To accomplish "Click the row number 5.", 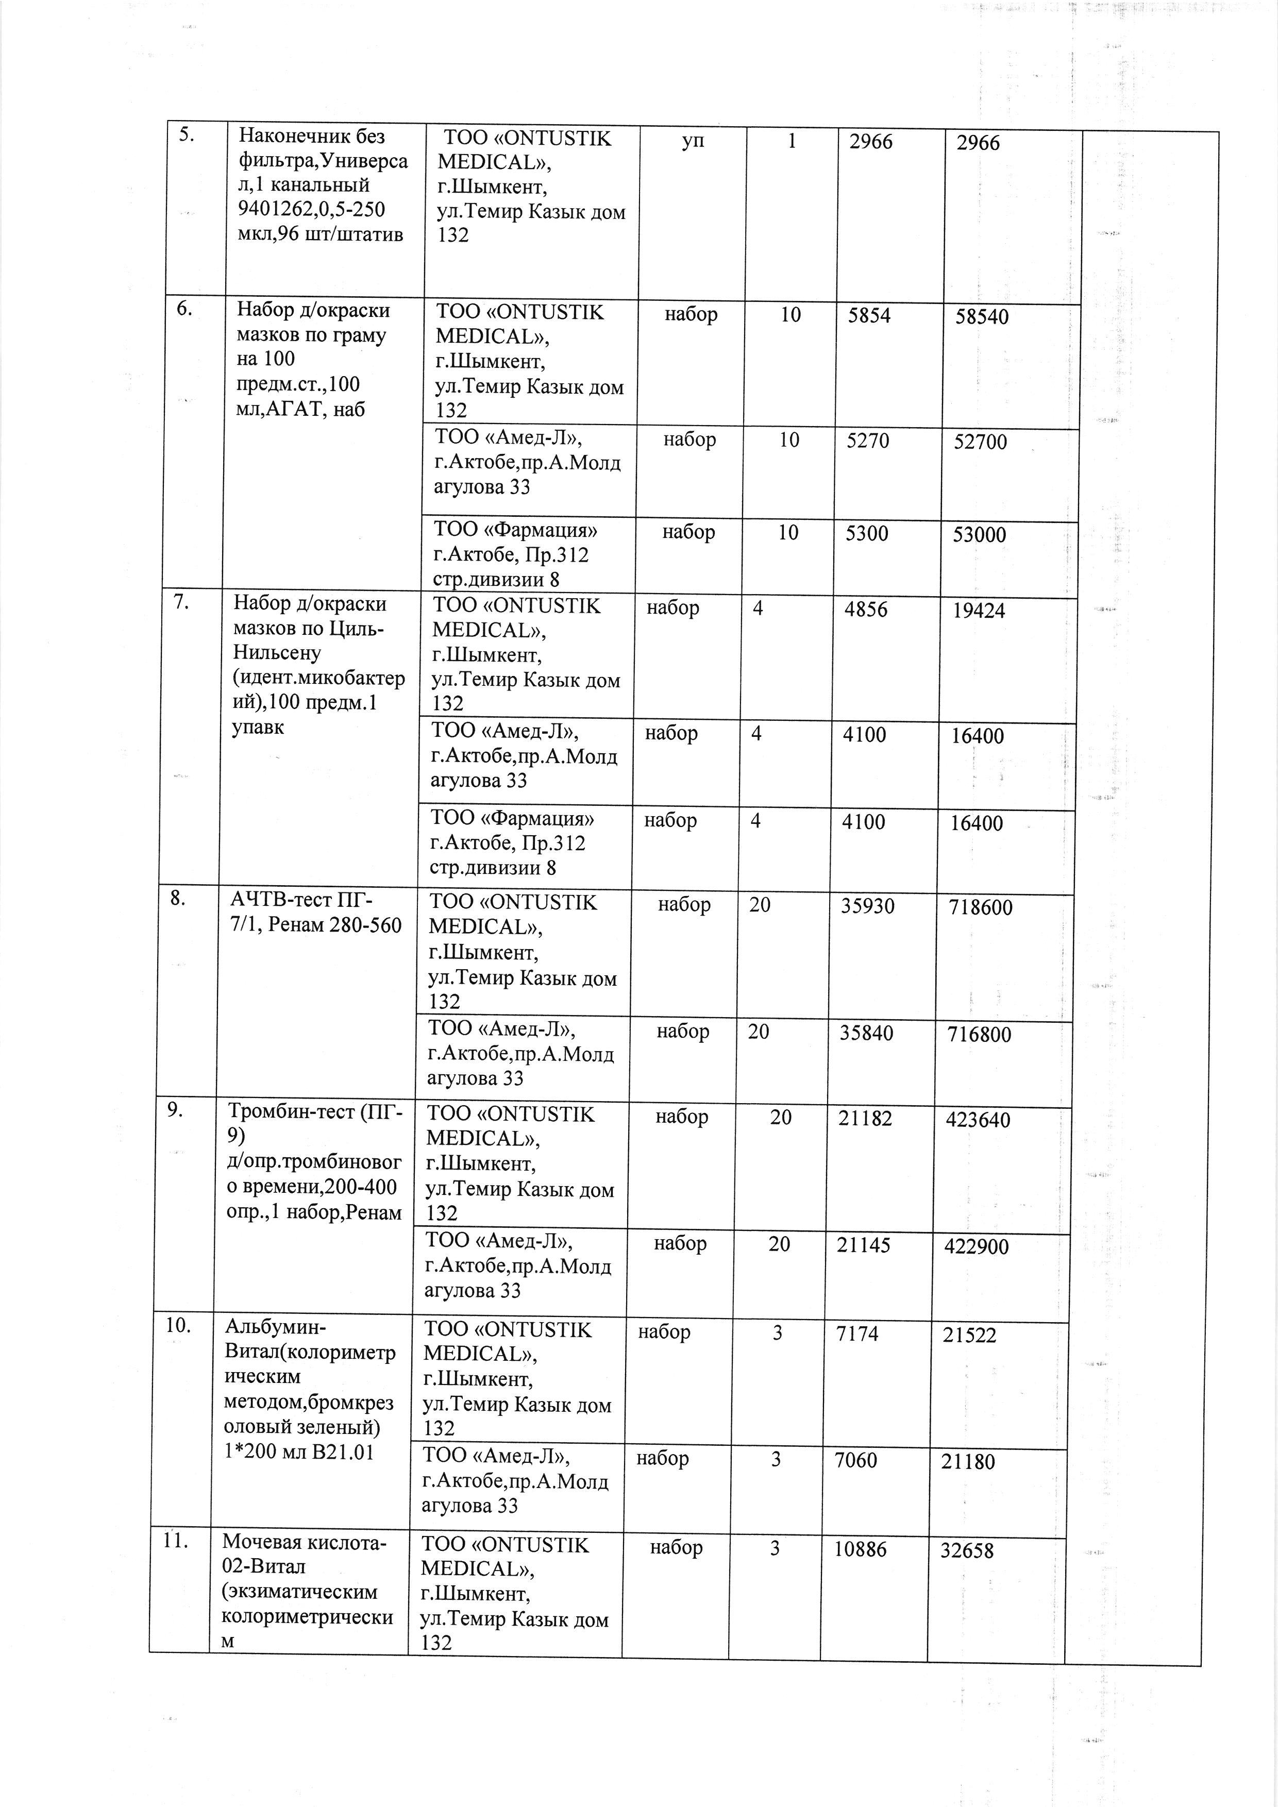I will click(x=187, y=134).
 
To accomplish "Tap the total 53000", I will click(x=979, y=535).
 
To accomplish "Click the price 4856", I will click(x=866, y=610).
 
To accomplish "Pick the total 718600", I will click(x=981, y=907).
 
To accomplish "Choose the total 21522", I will click(x=969, y=1336).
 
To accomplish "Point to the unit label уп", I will click(x=693, y=141).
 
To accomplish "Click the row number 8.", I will click(x=178, y=898).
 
